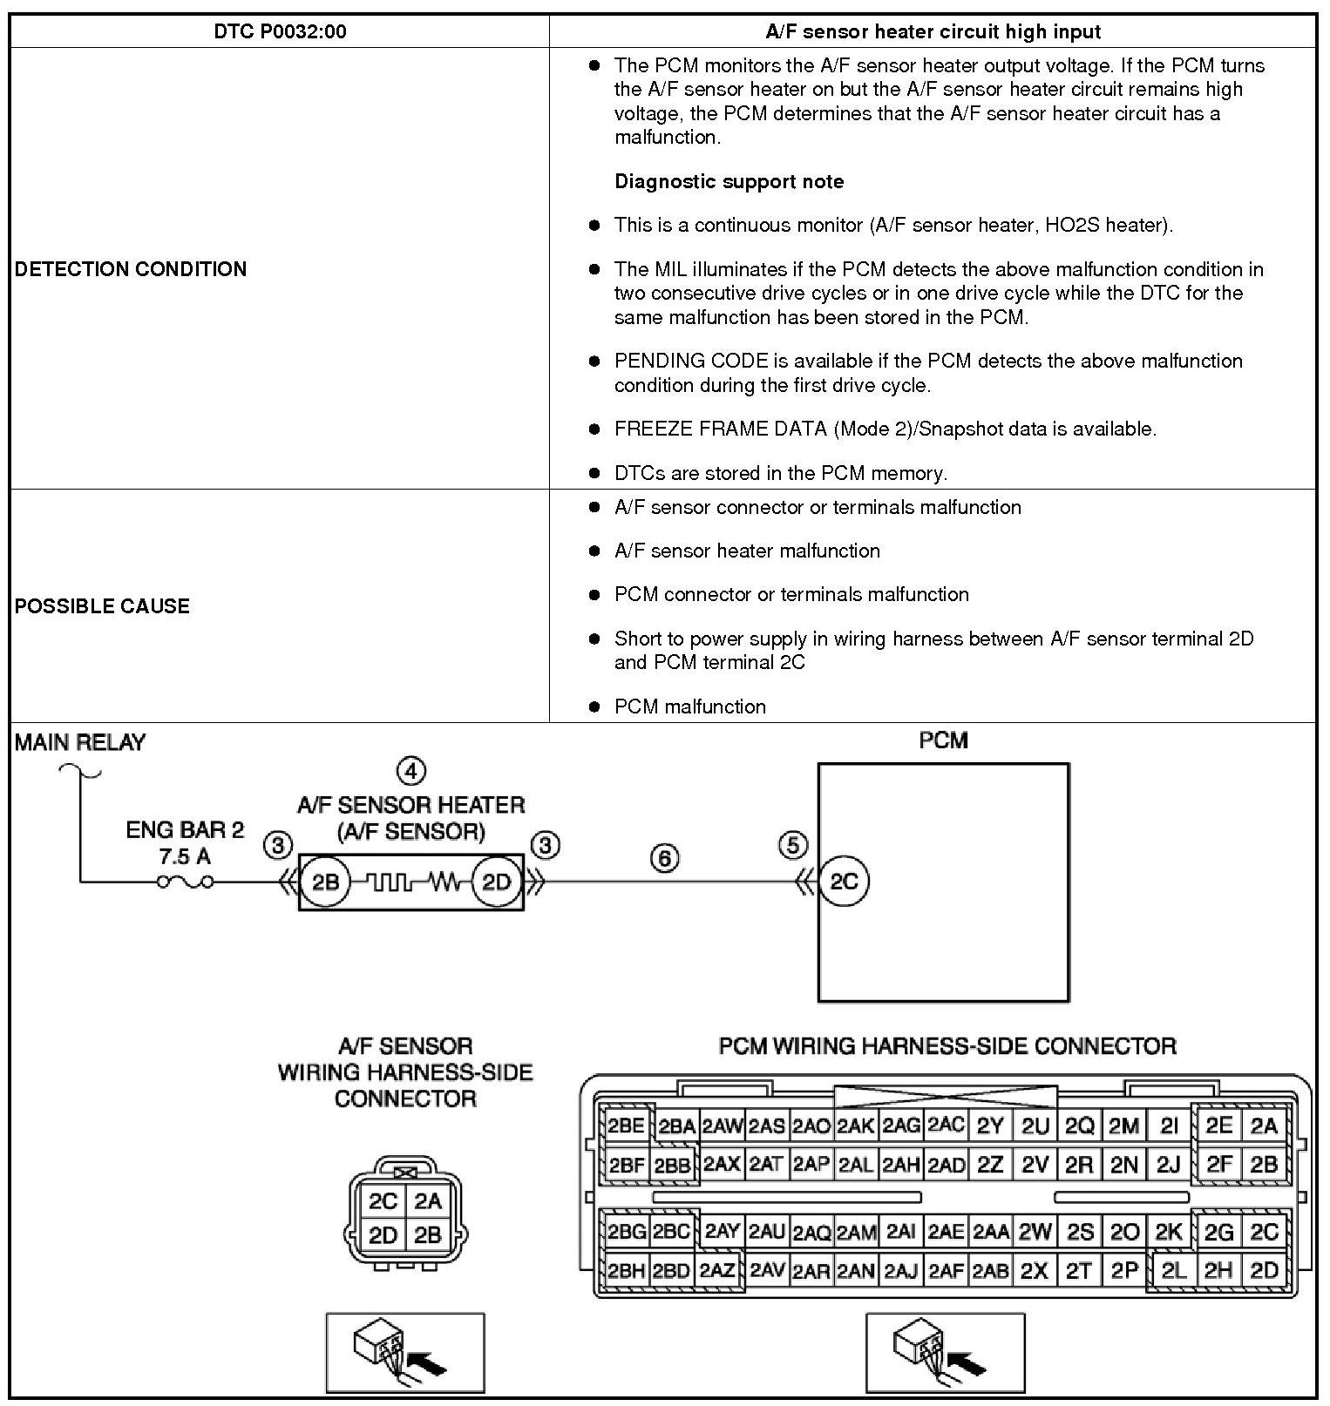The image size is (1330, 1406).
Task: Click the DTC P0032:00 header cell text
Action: [280, 32]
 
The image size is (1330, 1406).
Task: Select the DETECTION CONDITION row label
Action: [131, 269]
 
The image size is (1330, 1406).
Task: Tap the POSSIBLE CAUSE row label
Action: [102, 606]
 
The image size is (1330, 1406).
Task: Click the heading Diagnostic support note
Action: [729, 181]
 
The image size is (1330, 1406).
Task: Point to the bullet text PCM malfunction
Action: [689, 706]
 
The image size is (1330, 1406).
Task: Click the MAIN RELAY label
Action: [80, 742]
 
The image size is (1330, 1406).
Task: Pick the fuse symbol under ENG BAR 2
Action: [185, 882]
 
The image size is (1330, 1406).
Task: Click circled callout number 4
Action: [411, 770]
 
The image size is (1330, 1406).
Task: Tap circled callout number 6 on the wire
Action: [664, 858]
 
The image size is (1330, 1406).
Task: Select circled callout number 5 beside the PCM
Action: [792, 845]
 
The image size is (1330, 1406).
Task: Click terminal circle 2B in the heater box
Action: [325, 882]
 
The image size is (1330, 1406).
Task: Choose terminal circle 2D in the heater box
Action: [496, 882]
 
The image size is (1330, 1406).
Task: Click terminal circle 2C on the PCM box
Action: [844, 882]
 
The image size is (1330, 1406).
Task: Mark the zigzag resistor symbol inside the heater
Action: [444, 882]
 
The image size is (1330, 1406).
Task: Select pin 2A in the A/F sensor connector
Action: [428, 1201]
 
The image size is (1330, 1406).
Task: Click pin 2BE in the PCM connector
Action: [626, 1125]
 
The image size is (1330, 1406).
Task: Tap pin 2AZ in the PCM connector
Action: [717, 1270]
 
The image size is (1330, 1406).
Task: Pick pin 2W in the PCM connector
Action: [1035, 1232]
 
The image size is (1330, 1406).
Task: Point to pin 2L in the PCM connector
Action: [1173, 1271]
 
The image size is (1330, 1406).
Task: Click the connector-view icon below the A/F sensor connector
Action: [404, 1352]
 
